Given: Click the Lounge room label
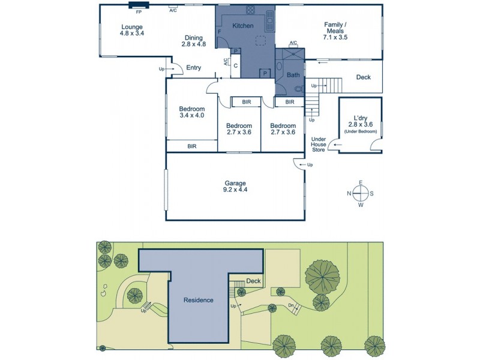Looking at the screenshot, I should pos(132,30).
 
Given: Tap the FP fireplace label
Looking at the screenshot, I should pos(139,11).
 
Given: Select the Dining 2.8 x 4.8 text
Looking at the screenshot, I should pos(194,40).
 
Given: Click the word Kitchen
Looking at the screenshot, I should pos(243,26).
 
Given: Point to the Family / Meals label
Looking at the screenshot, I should pos(335,30).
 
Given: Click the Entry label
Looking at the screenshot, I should pos(193,68).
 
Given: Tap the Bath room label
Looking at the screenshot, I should pos(293,75).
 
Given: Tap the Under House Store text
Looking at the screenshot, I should pos(318,144).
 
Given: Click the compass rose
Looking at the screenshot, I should pos(360,193).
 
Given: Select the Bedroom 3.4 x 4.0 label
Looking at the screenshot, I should pos(192,112).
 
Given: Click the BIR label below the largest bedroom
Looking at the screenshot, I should pos(192,146).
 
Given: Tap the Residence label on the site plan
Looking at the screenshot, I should pos(199,300).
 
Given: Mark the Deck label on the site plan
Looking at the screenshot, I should pos(253,281).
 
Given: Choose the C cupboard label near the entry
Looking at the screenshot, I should pos(236,65).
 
